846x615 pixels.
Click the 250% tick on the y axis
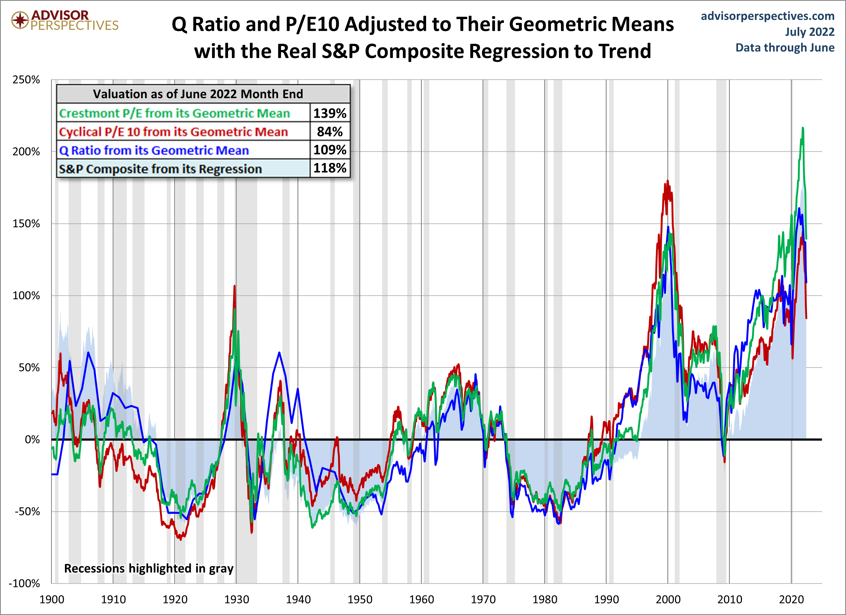click(x=26, y=80)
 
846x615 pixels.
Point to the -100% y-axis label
click(x=25, y=583)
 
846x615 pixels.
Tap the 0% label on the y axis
click(x=32, y=440)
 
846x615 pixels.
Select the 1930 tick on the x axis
click(x=236, y=600)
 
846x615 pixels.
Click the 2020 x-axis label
click(x=791, y=600)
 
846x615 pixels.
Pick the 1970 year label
click(x=483, y=600)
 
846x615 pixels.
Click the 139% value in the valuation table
click(x=330, y=113)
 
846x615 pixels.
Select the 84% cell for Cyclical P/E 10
click(x=330, y=131)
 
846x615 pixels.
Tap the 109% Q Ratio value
click(x=330, y=150)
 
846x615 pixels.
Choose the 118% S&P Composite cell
click(x=330, y=168)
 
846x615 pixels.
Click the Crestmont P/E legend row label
click(x=174, y=113)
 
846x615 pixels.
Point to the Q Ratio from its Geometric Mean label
click(x=154, y=150)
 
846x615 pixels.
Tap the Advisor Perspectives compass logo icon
click(x=20, y=20)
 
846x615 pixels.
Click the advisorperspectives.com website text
click(x=768, y=16)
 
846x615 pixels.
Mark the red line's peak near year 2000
click(x=668, y=181)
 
